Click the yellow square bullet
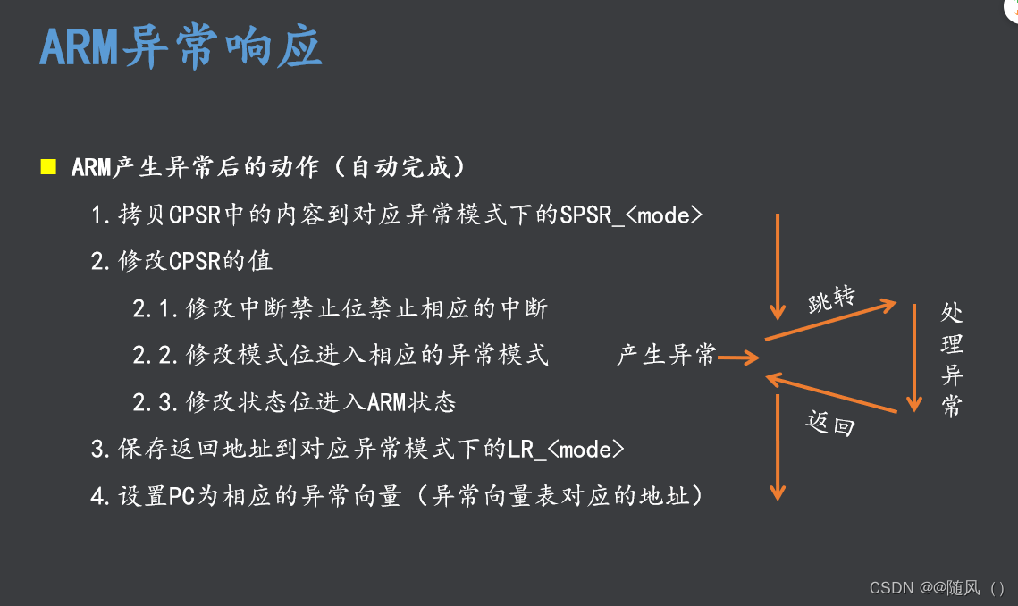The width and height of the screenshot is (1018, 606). (48, 167)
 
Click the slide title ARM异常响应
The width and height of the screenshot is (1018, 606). (181, 46)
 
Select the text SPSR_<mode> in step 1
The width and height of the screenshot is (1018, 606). (631, 215)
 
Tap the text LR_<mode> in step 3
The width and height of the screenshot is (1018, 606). (566, 450)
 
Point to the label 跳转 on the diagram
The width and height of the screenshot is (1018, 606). (832, 300)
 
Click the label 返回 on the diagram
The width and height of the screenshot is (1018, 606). (830, 424)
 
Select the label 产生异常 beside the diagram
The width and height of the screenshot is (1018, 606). (667, 355)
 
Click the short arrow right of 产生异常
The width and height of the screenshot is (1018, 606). (739, 358)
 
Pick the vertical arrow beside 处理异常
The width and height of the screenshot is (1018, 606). (914, 358)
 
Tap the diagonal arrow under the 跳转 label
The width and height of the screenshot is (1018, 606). (831, 320)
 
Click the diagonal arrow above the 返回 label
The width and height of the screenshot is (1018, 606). (831, 393)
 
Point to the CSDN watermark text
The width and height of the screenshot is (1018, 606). (937, 588)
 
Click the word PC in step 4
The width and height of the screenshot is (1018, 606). (181, 496)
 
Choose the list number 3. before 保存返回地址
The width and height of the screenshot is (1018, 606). (101, 450)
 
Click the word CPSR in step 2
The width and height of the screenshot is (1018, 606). (195, 261)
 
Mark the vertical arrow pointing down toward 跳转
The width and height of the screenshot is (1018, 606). (778, 267)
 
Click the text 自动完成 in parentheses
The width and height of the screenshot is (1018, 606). (400, 167)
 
